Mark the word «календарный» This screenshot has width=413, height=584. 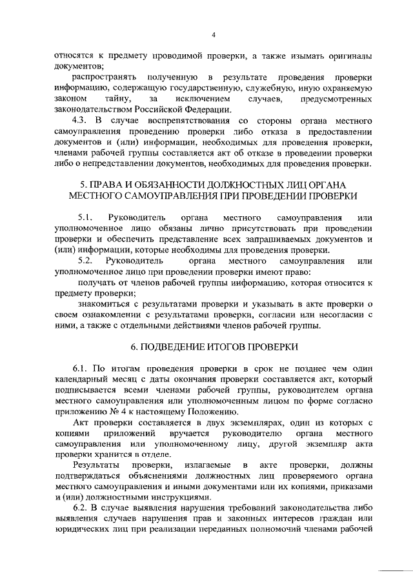coord(81,379)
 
